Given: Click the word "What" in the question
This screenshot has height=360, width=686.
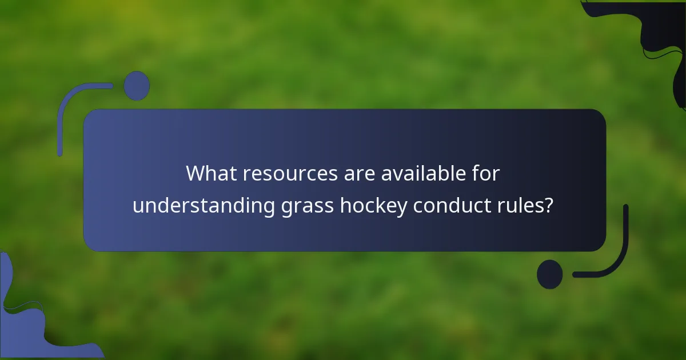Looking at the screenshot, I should (x=211, y=174).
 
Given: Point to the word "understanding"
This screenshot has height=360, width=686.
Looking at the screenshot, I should (x=204, y=206).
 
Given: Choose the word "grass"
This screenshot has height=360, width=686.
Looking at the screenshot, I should (x=308, y=206).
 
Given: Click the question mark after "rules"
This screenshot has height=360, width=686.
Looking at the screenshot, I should (x=549, y=206).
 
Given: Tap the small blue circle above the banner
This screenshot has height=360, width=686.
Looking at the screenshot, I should (x=137, y=86).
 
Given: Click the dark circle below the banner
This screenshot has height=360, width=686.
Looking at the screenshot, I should (x=550, y=274).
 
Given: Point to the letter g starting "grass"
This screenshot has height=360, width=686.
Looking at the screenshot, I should (x=286, y=207).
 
